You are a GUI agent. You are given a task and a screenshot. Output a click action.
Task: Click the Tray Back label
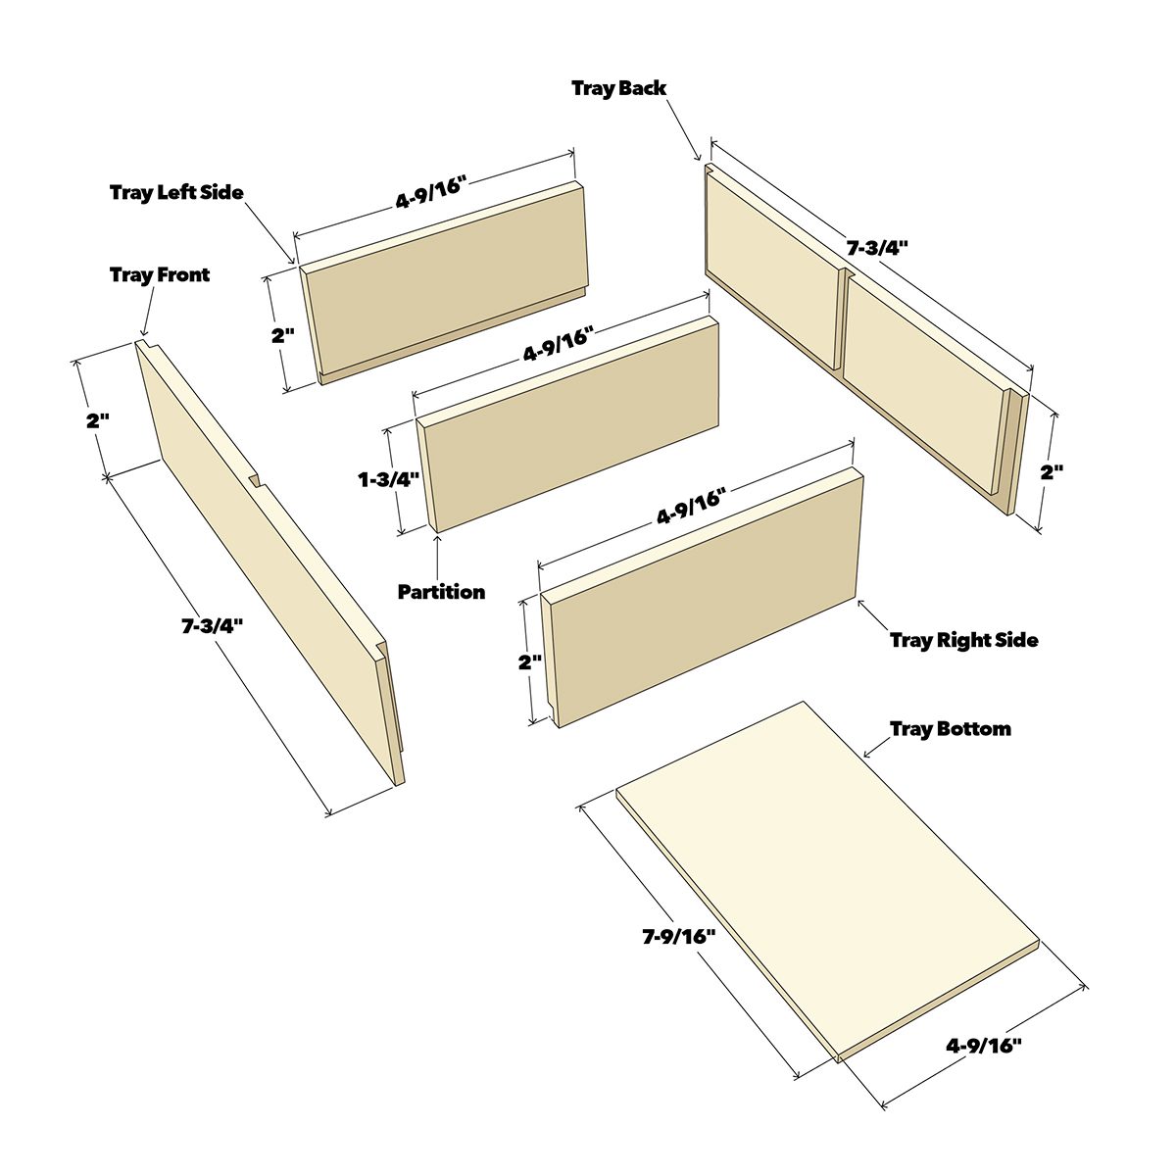click(618, 88)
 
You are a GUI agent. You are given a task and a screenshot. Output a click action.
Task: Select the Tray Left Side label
click(176, 192)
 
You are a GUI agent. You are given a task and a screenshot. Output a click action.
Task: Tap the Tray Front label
click(160, 274)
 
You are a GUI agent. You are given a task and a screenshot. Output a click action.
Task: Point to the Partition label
click(441, 592)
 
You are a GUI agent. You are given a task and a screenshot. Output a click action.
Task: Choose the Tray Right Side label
click(963, 640)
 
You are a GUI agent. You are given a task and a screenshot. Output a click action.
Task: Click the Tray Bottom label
click(950, 729)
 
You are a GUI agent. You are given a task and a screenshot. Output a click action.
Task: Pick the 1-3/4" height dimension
click(387, 479)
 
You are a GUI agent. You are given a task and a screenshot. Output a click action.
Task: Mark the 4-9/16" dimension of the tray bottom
click(984, 1045)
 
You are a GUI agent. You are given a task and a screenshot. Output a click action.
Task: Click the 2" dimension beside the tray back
click(1052, 471)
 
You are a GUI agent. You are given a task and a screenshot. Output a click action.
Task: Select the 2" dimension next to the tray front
click(97, 421)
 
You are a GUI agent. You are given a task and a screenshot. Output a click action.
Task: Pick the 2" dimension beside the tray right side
click(530, 661)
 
